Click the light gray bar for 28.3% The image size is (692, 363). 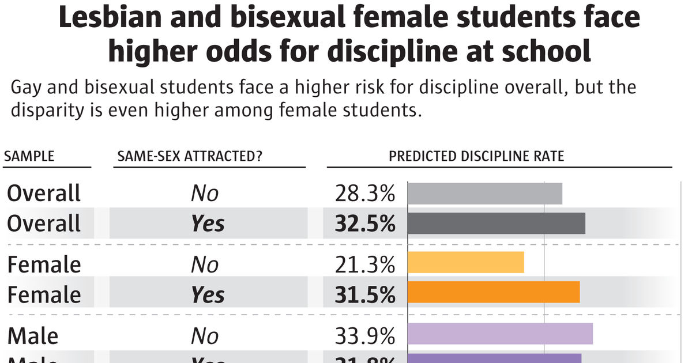(485, 194)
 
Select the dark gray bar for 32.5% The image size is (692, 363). (497, 224)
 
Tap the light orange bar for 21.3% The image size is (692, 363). (466, 262)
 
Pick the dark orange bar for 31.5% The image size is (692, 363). (494, 292)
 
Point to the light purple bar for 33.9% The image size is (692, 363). (501, 334)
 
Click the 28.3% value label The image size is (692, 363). (364, 194)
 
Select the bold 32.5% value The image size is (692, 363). (364, 224)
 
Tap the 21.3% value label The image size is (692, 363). (364, 265)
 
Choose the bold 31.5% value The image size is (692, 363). (364, 295)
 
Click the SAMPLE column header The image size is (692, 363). (29, 157)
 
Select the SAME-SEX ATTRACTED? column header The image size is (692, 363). (189, 157)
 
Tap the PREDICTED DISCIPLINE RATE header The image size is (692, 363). (476, 157)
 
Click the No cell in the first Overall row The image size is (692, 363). (205, 194)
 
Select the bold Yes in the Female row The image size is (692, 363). (208, 295)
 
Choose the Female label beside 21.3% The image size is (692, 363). (44, 265)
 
